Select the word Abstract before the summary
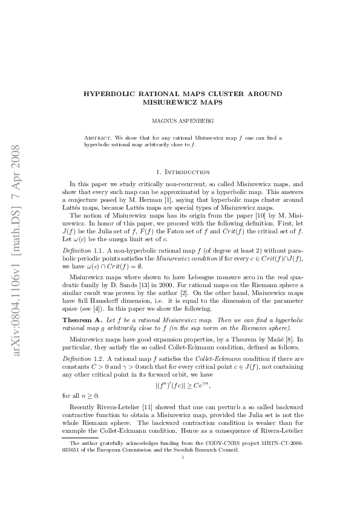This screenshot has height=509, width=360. point(97,138)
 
